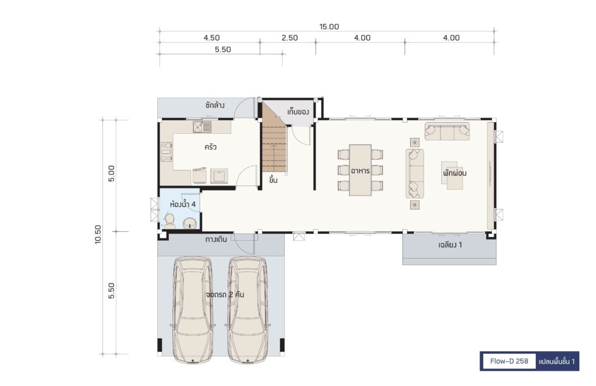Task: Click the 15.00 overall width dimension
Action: [x=329, y=27]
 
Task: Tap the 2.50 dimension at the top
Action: [x=290, y=38]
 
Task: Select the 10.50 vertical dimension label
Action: [x=98, y=234]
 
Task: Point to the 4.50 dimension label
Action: [x=211, y=38]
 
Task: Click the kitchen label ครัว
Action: [x=210, y=146]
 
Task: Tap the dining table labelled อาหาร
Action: [x=360, y=170]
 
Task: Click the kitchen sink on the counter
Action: [x=202, y=126]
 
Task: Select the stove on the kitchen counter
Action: [x=166, y=152]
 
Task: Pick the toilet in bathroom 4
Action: [x=169, y=221]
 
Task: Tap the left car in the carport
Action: [x=192, y=310]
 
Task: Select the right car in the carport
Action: [x=248, y=310]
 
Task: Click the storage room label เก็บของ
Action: [x=298, y=112]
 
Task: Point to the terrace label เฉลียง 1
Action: [x=450, y=245]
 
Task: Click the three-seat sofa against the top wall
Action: [x=447, y=131]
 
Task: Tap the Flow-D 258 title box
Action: [x=509, y=361]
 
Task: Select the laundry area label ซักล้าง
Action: [x=215, y=105]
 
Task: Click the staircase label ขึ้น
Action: [x=273, y=180]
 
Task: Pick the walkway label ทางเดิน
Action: [x=216, y=240]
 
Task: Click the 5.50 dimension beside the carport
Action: [x=111, y=291]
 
